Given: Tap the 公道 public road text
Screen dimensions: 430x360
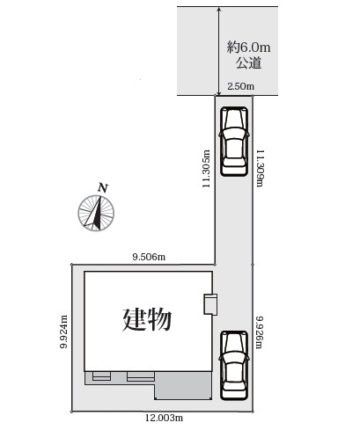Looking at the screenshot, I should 247,64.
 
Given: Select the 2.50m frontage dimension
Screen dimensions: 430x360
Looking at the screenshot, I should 240,86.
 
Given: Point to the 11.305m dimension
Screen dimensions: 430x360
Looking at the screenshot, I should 206,167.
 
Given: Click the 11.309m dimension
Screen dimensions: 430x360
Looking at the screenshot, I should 261,167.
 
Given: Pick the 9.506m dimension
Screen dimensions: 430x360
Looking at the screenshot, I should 149,256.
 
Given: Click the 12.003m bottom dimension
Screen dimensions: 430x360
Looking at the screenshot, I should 164,418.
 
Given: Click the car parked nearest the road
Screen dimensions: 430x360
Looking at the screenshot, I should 234,141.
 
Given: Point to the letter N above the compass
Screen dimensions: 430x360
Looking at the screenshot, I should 103,188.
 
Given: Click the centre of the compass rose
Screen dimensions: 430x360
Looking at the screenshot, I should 96,213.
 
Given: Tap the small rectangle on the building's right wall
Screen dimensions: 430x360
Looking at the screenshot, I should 209,303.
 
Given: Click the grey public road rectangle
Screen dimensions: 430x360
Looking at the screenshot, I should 228,50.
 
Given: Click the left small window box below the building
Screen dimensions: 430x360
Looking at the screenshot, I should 101,376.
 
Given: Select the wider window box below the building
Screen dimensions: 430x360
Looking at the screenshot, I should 141,376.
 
